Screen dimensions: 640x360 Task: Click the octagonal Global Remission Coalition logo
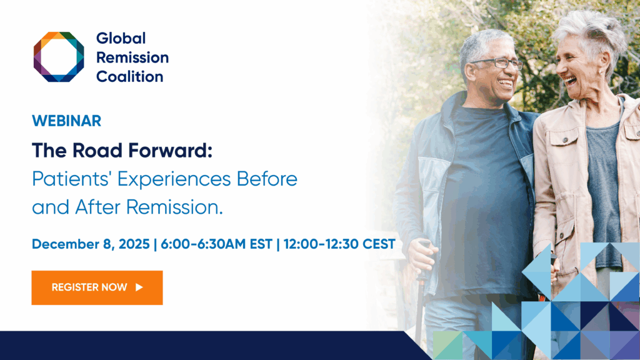(x=59, y=57)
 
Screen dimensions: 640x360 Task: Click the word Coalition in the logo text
(x=130, y=76)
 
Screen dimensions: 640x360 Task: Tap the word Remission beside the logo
(x=132, y=57)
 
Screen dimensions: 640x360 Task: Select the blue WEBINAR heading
(x=66, y=121)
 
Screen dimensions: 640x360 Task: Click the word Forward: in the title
(x=171, y=150)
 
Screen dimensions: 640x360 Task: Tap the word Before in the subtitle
(x=267, y=179)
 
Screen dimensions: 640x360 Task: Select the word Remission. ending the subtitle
(x=175, y=207)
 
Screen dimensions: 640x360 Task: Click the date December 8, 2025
(x=91, y=244)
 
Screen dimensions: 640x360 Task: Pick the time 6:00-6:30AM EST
(x=216, y=244)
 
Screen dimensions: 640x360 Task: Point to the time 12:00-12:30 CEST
(x=339, y=244)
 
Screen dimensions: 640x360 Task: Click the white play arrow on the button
(x=139, y=287)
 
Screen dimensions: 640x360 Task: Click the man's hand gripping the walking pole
(x=421, y=256)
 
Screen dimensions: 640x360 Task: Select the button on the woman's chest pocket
(x=565, y=140)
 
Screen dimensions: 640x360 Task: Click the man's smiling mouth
(x=505, y=84)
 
